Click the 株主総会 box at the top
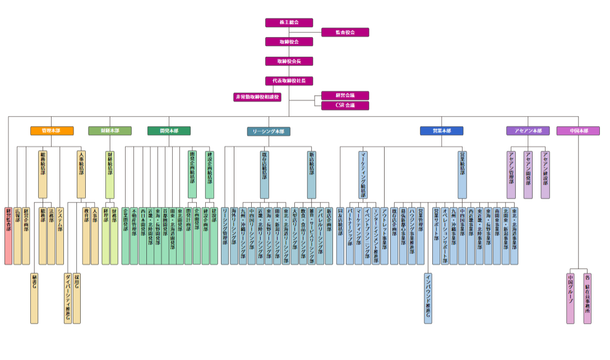point(289,22)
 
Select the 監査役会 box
point(345,33)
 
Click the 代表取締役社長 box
point(289,81)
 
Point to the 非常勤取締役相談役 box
point(257,97)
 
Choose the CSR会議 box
point(345,105)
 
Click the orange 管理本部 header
point(52,131)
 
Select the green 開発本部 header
point(169,131)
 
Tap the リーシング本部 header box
point(269,131)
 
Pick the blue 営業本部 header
point(441,131)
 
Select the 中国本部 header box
point(578,131)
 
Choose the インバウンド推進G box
point(428,298)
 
